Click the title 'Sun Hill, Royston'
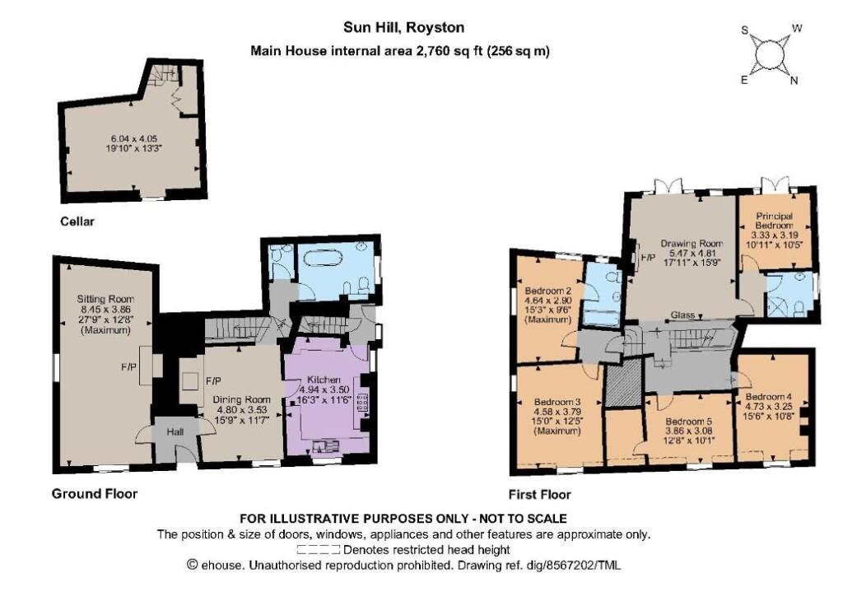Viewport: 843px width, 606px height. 403,27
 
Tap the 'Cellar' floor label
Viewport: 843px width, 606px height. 77,221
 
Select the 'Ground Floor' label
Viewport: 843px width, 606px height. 95,494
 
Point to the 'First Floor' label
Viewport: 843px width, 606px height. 540,494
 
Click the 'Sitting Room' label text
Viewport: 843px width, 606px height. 105,299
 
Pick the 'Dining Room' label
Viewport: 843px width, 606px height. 241,399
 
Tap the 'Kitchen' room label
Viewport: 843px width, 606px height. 324,380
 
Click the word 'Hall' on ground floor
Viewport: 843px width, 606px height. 175,431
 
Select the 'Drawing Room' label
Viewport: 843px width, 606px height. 692,244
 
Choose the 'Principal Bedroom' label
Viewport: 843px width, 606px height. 774,221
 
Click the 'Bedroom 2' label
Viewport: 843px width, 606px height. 544,291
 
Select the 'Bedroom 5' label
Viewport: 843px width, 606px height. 689,422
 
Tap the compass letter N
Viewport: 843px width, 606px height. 794,81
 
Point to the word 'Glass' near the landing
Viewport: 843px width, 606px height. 682,315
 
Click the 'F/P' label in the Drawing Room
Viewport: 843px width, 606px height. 648,258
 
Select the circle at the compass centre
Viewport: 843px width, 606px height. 768,55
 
